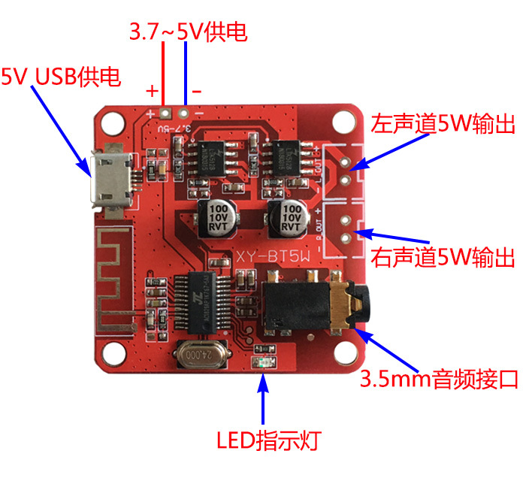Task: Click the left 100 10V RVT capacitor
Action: [219, 216]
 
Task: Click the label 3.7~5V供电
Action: [189, 32]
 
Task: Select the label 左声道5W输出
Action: [444, 123]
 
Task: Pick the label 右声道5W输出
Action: [444, 258]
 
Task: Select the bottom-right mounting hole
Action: [346, 352]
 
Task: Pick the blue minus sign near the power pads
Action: [197, 91]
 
